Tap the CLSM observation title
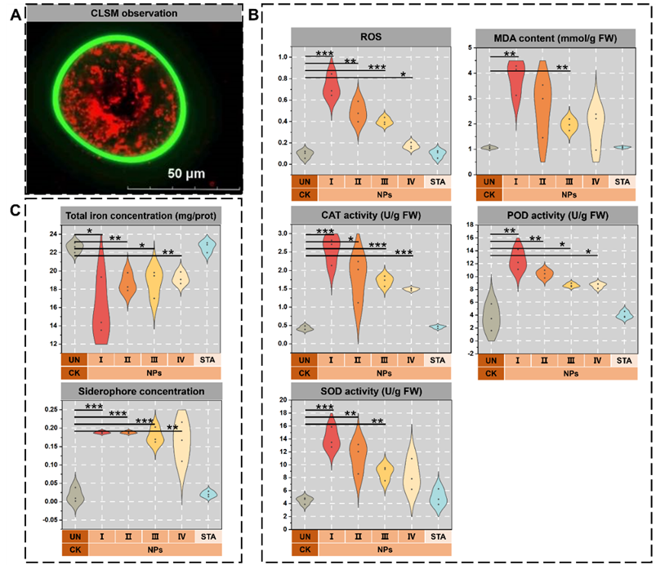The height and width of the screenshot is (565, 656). click(x=129, y=11)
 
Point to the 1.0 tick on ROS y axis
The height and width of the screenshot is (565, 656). click(x=283, y=57)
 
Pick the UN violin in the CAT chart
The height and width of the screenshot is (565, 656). click(x=304, y=327)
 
